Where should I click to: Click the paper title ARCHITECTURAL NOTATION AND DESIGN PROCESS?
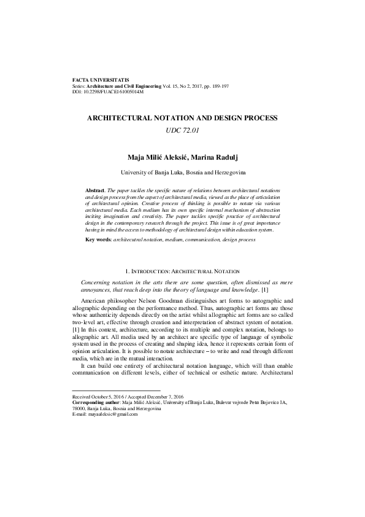(183, 117)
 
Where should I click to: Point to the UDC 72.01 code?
(183, 130)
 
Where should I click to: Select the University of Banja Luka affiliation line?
(183, 173)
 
